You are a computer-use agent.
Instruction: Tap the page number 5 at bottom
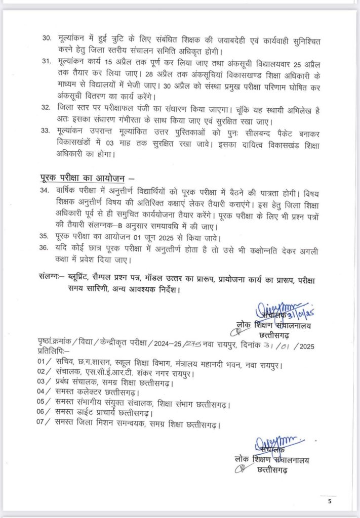coord(330,502)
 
